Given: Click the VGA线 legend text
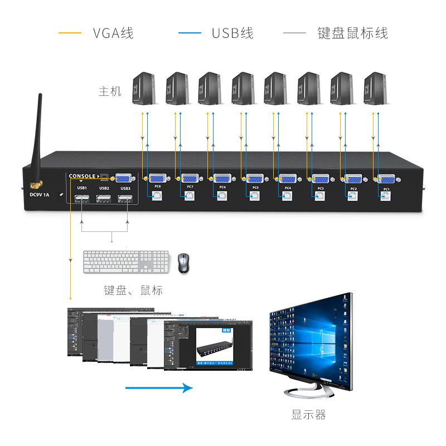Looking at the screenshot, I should click(113, 33).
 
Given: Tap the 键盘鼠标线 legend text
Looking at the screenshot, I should click(352, 33).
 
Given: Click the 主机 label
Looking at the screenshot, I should click(110, 91).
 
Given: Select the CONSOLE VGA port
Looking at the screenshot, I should click(124, 178).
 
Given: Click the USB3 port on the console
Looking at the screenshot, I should click(125, 198).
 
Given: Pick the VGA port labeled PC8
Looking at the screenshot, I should click(157, 178).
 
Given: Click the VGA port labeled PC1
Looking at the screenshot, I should click(386, 178).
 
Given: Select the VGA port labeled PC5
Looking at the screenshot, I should click(255, 178).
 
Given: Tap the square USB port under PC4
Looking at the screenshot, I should click(287, 196).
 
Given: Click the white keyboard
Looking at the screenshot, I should click(125, 261).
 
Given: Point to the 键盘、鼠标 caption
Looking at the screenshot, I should click(133, 290).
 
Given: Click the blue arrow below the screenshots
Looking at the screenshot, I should click(159, 388).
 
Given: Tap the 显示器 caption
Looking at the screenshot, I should click(308, 415).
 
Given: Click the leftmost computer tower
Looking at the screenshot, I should click(144, 88).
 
